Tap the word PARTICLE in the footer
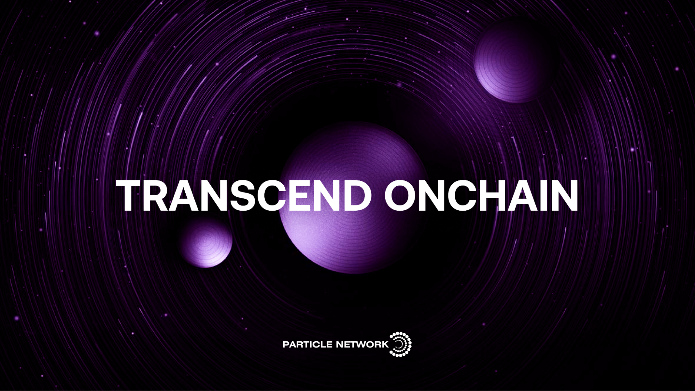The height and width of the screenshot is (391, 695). [308, 344]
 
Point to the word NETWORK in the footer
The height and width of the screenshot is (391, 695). [363, 344]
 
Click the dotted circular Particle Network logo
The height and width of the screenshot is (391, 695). [401, 344]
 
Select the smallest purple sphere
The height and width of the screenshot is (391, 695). [206, 242]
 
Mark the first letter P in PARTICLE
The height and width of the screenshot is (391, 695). [286, 344]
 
